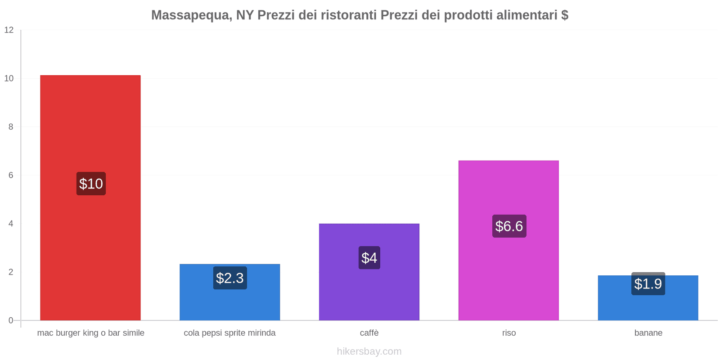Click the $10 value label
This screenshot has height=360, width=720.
[x=91, y=184]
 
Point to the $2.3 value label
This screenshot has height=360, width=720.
[x=229, y=278]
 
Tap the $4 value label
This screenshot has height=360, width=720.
[x=369, y=258]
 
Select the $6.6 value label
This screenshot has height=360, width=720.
[x=509, y=226]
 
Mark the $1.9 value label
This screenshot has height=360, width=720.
[x=648, y=284]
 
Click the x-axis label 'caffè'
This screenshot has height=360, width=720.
[x=369, y=333]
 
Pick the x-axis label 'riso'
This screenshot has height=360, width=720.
[x=509, y=333]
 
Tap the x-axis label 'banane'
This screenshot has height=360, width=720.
[x=648, y=333]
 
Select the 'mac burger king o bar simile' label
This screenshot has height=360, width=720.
[x=90, y=333]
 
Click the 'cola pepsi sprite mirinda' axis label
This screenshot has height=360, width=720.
[x=229, y=333]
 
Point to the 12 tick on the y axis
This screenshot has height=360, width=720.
[x=9, y=30]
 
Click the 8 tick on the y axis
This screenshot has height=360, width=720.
[x=11, y=127]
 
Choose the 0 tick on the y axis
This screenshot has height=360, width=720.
[x=11, y=320]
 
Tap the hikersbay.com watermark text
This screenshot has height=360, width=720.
[x=369, y=351]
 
